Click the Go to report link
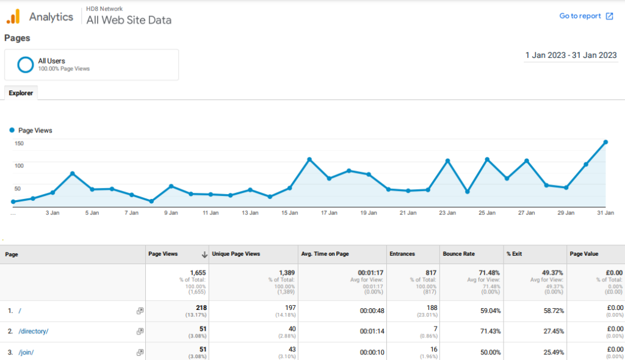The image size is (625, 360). [586, 16]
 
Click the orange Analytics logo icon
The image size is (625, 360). [13, 16]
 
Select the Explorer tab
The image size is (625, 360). [21, 93]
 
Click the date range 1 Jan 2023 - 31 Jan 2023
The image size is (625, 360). [571, 56]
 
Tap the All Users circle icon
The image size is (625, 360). [26, 64]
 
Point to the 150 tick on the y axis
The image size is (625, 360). [19, 143]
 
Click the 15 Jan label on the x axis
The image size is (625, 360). [289, 214]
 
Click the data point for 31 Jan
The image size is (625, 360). [605, 142]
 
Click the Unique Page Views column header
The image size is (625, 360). [236, 254]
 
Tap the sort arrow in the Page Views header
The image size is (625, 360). [204, 254]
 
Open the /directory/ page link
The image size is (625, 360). [34, 331]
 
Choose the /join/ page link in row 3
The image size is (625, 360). [26, 353]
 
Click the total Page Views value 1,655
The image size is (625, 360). [197, 273]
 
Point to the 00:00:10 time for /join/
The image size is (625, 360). [372, 353]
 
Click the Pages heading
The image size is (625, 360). [17, 38]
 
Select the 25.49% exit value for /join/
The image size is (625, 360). [552, 353]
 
